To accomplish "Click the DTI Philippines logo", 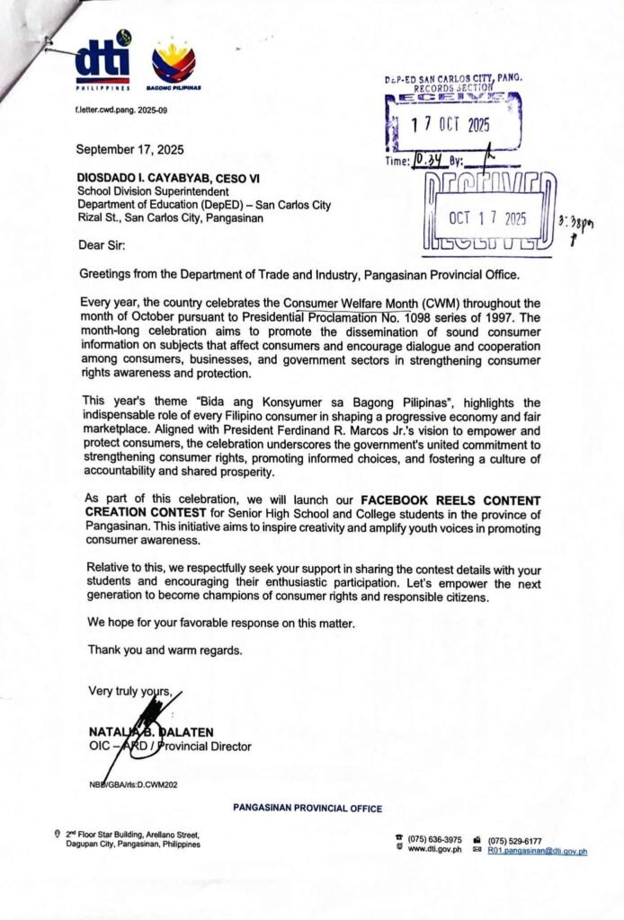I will coord(103,64).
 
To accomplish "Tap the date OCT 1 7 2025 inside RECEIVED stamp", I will coord(488,218).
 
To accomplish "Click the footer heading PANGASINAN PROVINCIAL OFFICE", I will coord(308,809).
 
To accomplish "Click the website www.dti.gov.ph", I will coord(434,851).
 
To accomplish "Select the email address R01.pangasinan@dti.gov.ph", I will coord(538,851).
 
